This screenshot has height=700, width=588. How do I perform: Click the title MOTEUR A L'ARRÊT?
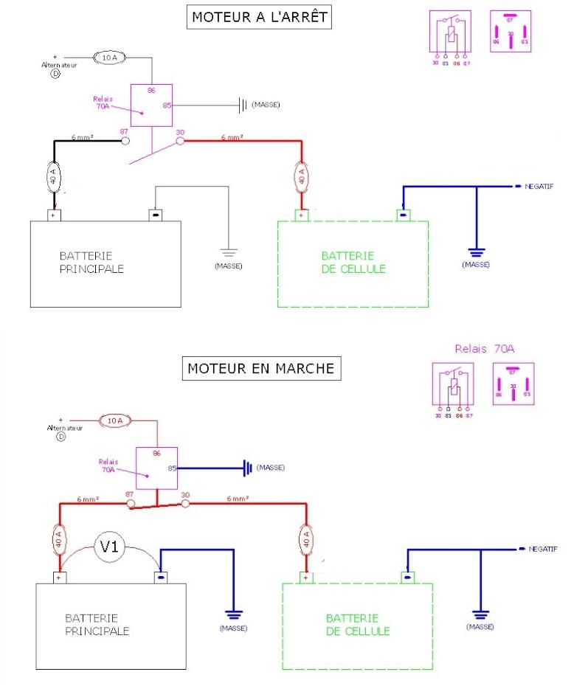coord(259,17)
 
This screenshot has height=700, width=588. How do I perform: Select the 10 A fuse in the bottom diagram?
coord(115,421)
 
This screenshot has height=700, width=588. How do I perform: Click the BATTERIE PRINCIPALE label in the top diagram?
coord(91,262)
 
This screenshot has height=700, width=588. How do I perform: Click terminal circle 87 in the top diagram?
coord(125,139)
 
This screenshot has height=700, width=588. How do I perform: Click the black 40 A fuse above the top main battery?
coord(53,176)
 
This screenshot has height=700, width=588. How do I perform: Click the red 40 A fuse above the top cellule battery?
coord(301,176)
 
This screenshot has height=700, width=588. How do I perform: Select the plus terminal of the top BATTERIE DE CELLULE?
coord(301,215)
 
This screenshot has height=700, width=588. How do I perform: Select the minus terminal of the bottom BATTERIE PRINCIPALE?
coord(160,578)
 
